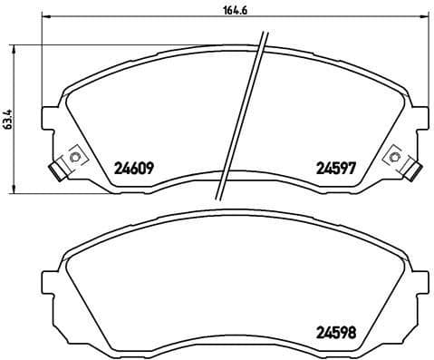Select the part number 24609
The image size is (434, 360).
click(x=134, y=167)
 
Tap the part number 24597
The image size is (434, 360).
click(x=334, y=167)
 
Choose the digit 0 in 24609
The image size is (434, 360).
click(x=140, y=167)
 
